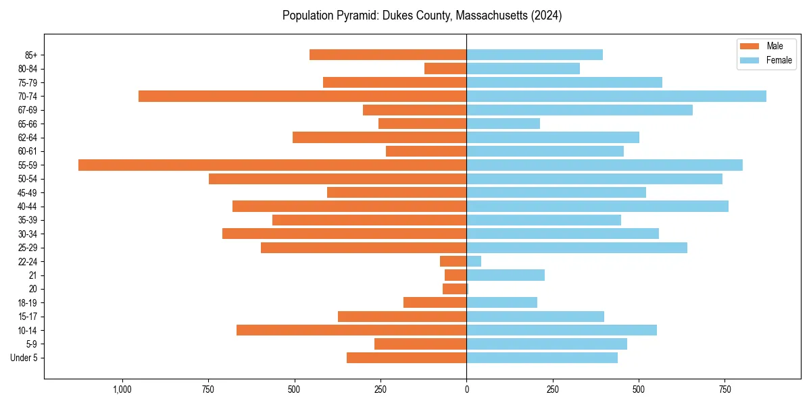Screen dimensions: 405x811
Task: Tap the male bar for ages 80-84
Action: coord(445,69)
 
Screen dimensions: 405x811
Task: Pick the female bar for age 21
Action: coord(506,275)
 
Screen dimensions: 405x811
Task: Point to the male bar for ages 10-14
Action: coord(351,330)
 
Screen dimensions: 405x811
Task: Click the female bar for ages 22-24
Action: coord(474,261)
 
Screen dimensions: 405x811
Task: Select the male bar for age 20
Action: coord(455,289)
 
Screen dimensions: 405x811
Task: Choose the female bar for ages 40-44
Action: coord(597,206)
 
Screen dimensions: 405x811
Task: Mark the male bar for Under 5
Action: coord(406,358)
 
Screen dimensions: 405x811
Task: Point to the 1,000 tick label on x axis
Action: coord(122,389)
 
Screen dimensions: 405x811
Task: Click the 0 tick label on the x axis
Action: coord(466,389)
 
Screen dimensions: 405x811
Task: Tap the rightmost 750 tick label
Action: coord(724,389)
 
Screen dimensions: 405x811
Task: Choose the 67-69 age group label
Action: coord(27,110)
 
